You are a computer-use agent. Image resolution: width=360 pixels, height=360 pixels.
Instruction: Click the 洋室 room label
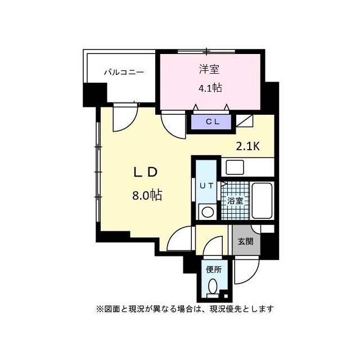coord(209,69)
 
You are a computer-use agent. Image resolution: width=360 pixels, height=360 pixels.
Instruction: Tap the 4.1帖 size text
coord(210,88)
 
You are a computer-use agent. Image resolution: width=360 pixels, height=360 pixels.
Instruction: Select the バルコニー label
coord(124,73)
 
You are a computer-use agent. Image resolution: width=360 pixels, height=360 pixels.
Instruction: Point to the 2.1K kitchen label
coord(248,146)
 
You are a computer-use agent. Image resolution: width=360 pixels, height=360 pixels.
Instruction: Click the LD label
coord(146,172)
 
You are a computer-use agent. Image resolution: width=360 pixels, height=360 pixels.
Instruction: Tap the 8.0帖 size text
coord(147,195)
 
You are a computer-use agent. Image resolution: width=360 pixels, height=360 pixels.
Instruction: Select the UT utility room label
coord(206,186)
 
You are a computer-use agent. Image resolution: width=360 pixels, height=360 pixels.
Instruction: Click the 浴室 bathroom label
coord(235,200)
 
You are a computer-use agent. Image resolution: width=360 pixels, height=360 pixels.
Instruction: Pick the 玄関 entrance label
coord(245,241)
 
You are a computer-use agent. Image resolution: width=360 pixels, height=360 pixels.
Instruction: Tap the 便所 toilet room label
coord(214,269)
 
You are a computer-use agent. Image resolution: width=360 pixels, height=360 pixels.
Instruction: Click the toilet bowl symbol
coord(213,286)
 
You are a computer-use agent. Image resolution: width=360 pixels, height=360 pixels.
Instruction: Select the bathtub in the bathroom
coord(262,201)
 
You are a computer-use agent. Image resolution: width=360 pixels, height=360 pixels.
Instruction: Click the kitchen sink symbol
coord(235,168)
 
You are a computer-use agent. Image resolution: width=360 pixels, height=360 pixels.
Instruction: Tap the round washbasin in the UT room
coord(208,212)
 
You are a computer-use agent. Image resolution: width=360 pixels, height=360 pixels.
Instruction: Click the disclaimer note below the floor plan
coord(185,309)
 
